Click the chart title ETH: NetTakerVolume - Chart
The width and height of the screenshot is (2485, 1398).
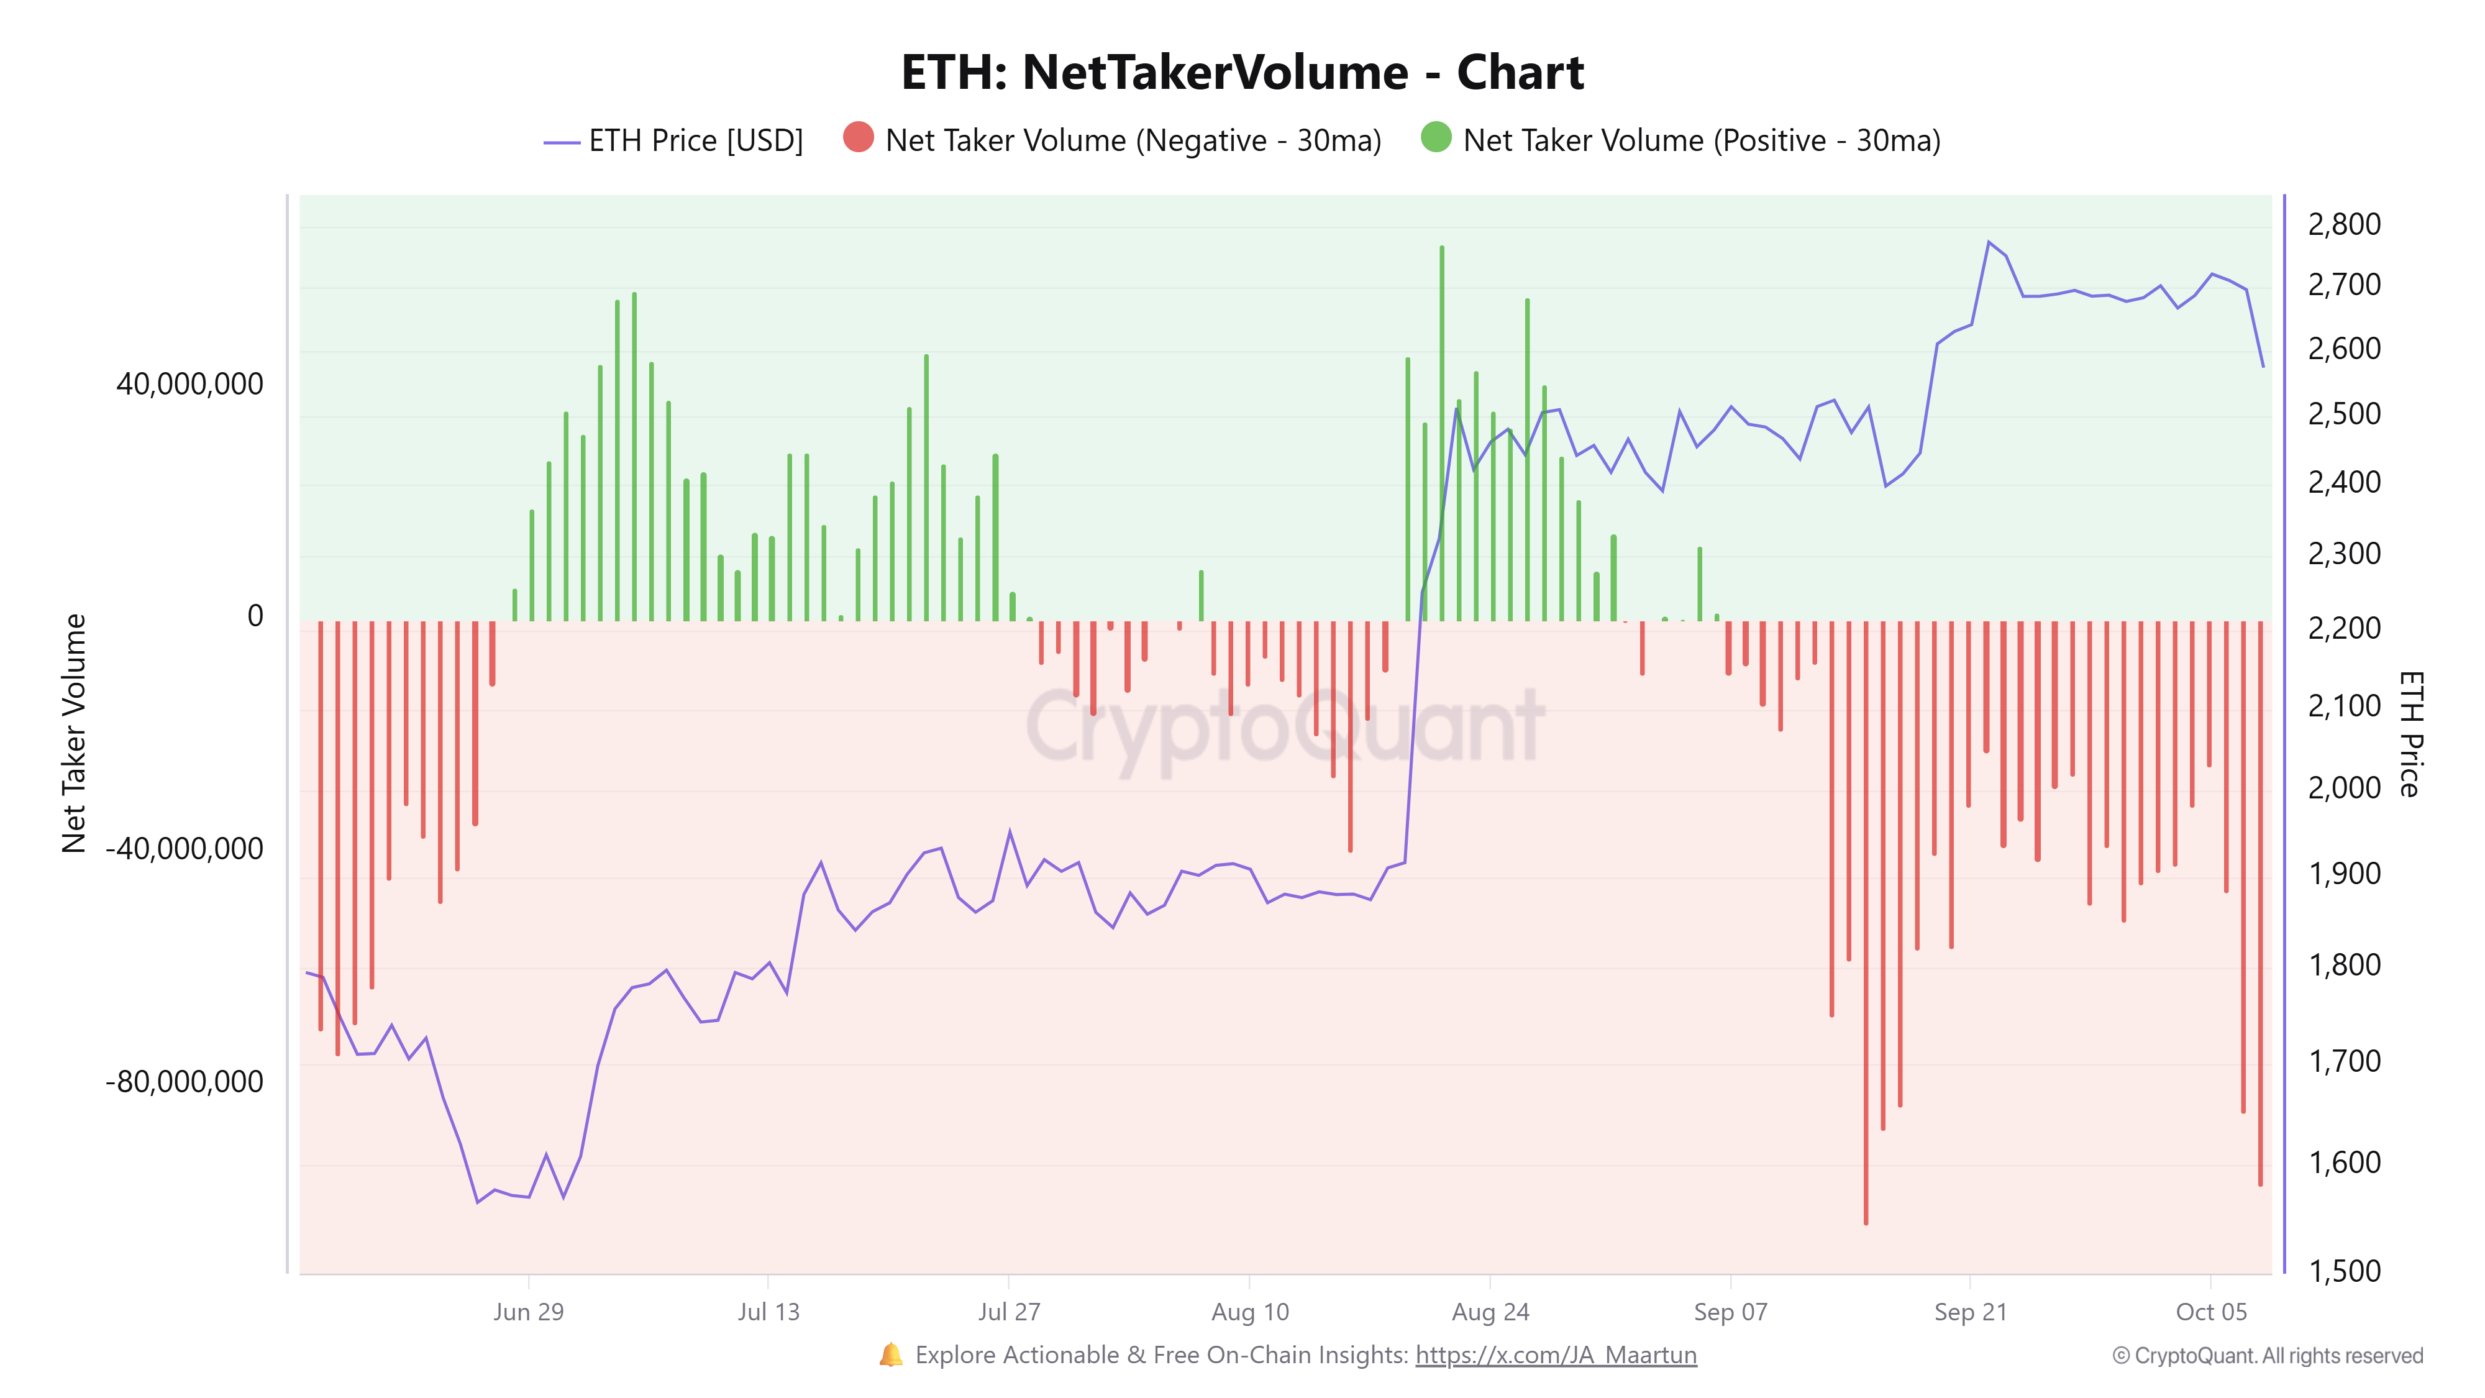pyautogui.click(x=1242, y=72)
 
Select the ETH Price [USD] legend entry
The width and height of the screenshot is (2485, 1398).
pyautogui.click(x=673, y=141)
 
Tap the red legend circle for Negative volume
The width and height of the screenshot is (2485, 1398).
pyautogui.click(x=857, y=137)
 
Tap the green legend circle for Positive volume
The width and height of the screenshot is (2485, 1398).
pyautogui.click(x=1436, y=137)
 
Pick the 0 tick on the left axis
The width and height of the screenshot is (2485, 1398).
pyautogui.click(x=255, y=616)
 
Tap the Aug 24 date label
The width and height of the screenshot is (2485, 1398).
pyautogui.click(x=1490, y=1312)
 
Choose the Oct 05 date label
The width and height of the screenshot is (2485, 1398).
pyautogui.click(x=2211, y=1312)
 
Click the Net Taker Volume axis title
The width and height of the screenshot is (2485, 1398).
pyautogui.click(x=75, y=733)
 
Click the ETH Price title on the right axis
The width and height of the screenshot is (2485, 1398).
pyautogui.click(x=2410, y=733)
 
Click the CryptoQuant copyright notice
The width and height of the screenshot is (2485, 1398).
pyautogui.click(x=2267, y=1356)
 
